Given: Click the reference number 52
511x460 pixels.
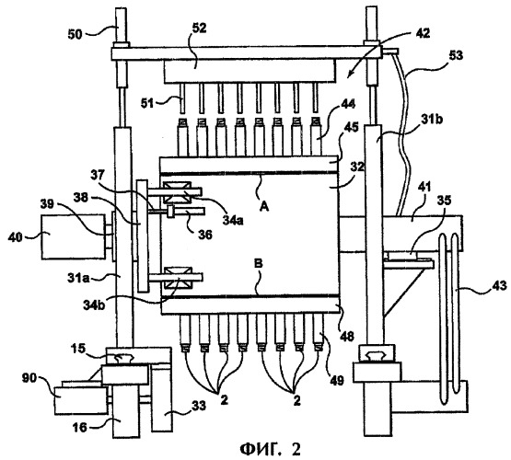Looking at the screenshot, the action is (200, 29).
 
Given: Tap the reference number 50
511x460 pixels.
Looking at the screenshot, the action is (75, 34).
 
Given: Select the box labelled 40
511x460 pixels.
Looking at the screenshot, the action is (73, 236).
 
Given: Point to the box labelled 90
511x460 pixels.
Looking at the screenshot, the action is (80, 400).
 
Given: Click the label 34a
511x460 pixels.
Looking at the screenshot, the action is (233, 221).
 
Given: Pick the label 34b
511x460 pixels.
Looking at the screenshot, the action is (94, 305).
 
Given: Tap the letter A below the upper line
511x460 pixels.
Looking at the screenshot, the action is (264, 206).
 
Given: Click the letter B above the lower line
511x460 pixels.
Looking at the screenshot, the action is (258, 264).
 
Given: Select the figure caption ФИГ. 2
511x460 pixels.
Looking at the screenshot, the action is (270, 449).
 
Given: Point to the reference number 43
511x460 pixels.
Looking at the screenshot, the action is (500, 285).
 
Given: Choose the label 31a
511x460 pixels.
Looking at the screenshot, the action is (78, 279).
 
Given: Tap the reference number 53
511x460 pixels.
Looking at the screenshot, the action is (456, 55).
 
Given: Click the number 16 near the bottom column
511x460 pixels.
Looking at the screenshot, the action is (80, 427).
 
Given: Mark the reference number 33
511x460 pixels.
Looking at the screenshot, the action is (199, 406).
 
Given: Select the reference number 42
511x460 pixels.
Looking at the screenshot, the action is (423, 33).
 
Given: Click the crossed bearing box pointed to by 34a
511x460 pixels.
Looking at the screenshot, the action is (178, 192).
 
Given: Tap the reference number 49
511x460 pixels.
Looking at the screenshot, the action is (337, 380).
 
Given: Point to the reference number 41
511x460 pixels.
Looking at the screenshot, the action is (424, 187).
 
